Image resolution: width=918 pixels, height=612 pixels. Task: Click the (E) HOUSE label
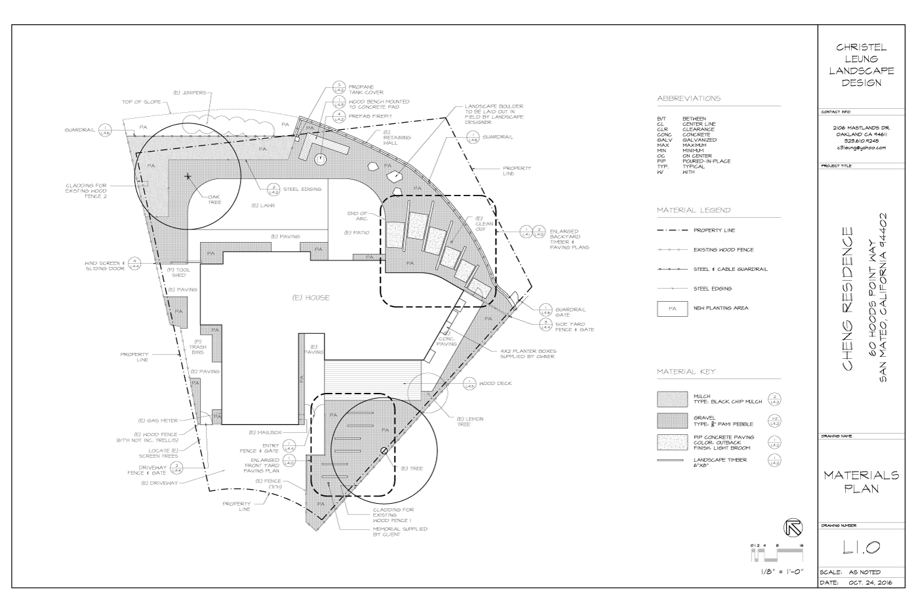click(x=311, y=298)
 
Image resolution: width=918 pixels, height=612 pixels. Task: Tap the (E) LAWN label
click(x=263, y=205)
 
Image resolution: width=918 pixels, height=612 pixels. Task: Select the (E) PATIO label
click(x=357, y=233)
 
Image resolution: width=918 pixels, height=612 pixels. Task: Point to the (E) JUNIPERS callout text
click(x=190, y=92)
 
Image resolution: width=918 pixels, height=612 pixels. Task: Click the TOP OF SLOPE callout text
click(x=141, y=102)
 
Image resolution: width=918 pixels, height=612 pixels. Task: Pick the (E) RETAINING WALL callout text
click(x=397, y=138)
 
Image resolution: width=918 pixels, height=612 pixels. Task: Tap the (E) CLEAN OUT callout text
click(x=484, y=223)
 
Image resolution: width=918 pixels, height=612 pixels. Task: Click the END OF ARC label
click(x=357, y=215)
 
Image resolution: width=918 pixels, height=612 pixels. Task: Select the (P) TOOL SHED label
click(x=179, y=272)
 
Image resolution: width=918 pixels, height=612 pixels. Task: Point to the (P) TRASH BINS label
click(x=197, y=350)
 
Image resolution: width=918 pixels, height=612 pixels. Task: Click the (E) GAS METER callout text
click(x=157, y=420)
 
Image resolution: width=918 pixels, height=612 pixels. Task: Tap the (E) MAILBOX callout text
click(x=265, y=433)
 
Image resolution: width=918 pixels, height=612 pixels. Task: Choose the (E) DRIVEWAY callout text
click(x=159, y=483)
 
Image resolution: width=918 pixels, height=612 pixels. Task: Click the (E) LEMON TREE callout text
click(x=470, y=421)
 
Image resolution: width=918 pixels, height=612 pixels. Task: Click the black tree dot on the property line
click(x=384, y=450)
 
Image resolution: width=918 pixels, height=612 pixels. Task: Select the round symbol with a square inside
click(x=321, y=159)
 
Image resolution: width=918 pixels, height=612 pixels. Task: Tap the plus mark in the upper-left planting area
click(x=188, y=176)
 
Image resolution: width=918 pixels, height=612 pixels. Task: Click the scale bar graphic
click(x=777, y=556)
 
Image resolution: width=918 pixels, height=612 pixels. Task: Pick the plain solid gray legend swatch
click(x=672, y=420)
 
